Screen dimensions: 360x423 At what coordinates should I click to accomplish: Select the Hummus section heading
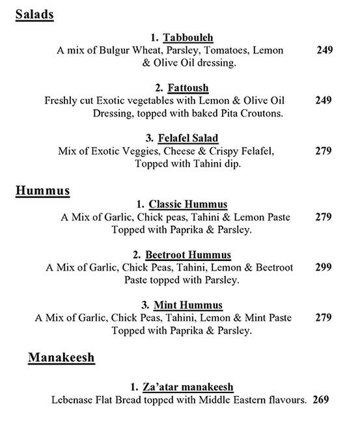(x=42, y=191)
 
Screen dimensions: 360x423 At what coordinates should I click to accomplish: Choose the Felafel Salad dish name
(x=190, y=138)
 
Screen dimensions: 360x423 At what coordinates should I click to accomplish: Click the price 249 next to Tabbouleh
(x=324, y=50)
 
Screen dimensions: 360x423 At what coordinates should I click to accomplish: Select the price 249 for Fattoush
(x=324, y=100)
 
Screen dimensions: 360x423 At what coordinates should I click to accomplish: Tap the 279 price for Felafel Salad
(x=324, y=151)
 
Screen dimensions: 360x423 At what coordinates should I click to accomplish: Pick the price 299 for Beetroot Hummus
(x=324, y=267)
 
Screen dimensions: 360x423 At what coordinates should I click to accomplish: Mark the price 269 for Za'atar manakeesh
(x=320, y=400)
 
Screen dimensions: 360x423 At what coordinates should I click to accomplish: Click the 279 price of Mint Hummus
(x=324, y=318)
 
